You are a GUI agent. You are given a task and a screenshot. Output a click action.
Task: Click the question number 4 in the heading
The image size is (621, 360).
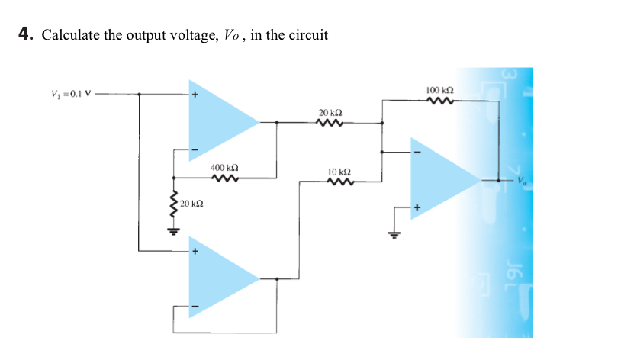[24, 35]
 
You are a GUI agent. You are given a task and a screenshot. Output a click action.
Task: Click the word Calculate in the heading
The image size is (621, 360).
[70, 35]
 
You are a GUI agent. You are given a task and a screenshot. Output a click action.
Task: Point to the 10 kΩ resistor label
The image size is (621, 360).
[339, 172]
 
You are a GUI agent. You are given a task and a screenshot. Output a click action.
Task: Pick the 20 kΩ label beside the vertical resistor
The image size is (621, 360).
[191, 204]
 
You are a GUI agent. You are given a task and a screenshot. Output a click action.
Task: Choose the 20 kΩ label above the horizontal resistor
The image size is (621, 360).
[330, 112]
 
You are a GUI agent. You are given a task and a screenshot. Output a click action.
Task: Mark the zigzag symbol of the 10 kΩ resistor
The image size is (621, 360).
[339, 182]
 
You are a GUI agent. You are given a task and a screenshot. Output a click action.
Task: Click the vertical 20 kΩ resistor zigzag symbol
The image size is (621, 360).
[174, 204]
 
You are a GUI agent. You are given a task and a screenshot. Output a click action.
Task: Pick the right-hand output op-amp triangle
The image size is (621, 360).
[440, 181]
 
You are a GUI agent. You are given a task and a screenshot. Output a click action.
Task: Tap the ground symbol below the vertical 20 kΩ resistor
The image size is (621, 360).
[174, 229]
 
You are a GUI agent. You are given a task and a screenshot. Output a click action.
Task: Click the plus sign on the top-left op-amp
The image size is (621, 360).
[195, 95]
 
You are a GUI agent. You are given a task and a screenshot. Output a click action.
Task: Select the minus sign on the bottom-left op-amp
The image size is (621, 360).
[195, 307]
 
